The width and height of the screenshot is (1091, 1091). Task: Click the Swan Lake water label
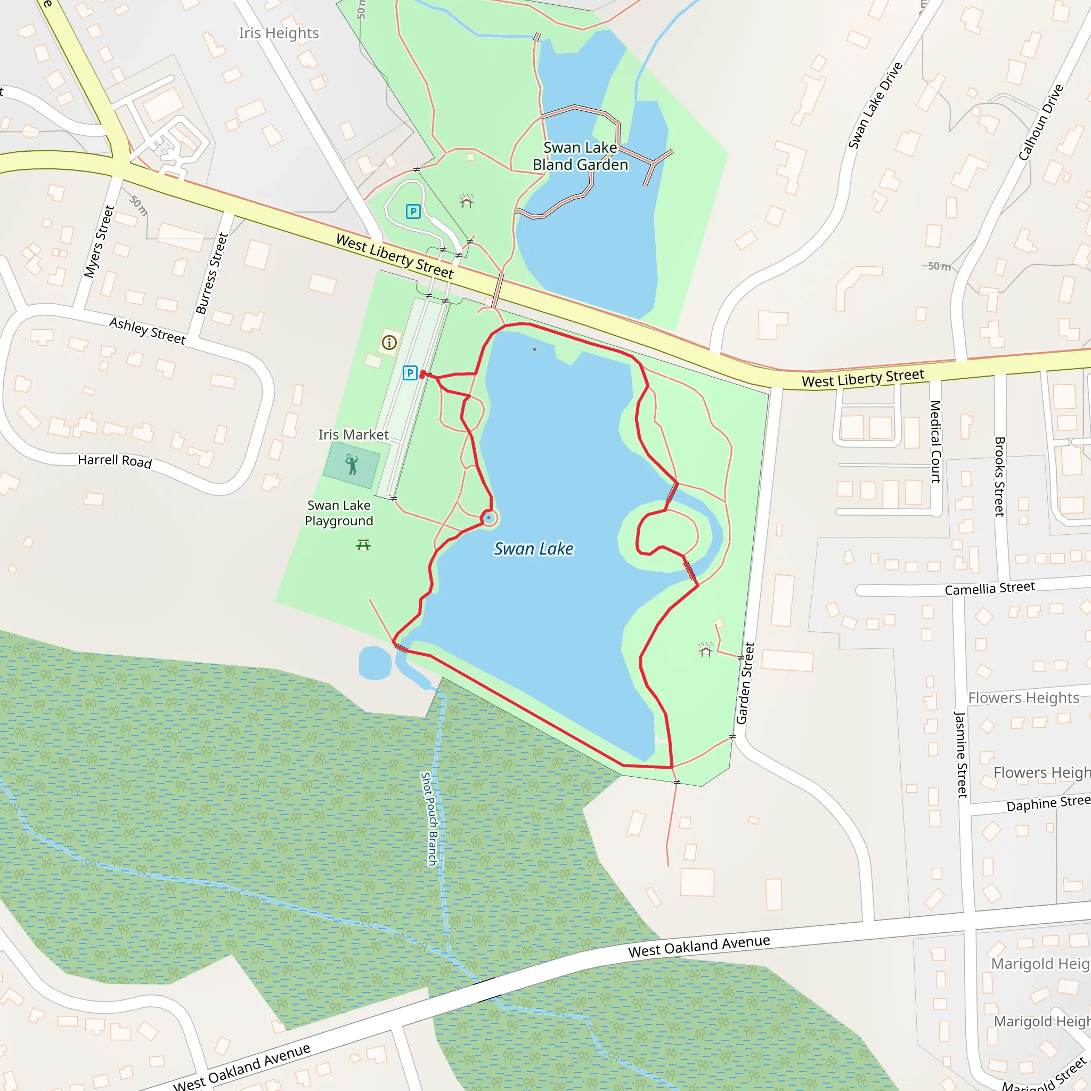533,548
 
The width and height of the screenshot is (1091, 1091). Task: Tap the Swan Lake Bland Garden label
580,157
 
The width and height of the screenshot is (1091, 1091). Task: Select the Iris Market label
353,434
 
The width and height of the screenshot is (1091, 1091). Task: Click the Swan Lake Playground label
339,513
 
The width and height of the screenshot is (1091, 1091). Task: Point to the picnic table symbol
363,545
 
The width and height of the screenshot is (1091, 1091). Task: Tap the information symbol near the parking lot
389,342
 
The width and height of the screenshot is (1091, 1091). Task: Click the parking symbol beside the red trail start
410,373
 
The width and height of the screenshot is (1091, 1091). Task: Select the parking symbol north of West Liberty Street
413,212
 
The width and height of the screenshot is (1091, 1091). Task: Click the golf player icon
351,464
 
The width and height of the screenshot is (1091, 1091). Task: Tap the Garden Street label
745,683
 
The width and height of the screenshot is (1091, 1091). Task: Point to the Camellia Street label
989,589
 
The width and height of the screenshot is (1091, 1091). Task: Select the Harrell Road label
115,461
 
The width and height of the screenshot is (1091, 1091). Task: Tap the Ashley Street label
148,330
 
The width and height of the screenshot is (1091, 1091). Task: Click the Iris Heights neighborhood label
279,34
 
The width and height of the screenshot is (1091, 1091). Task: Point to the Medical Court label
935,442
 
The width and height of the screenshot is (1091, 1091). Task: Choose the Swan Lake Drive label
875,105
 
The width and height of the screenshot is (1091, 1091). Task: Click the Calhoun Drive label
1041,122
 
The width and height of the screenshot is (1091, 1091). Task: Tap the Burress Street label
212,273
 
